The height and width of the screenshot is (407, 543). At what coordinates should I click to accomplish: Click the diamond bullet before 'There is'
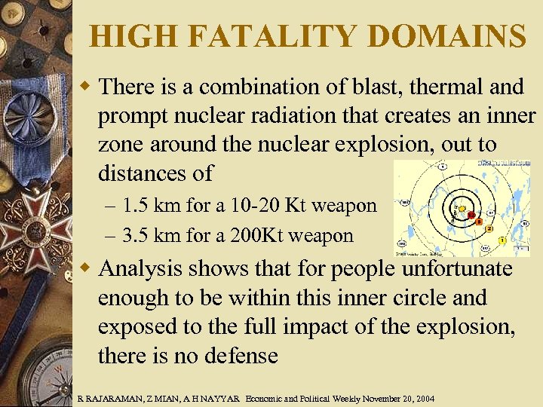click(86, 87)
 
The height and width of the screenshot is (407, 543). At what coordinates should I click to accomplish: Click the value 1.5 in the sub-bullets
click(136, 206)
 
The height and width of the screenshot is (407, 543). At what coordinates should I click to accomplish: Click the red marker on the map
click(471, 216)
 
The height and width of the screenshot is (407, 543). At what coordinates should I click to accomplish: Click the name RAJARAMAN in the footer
click(110, 397)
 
